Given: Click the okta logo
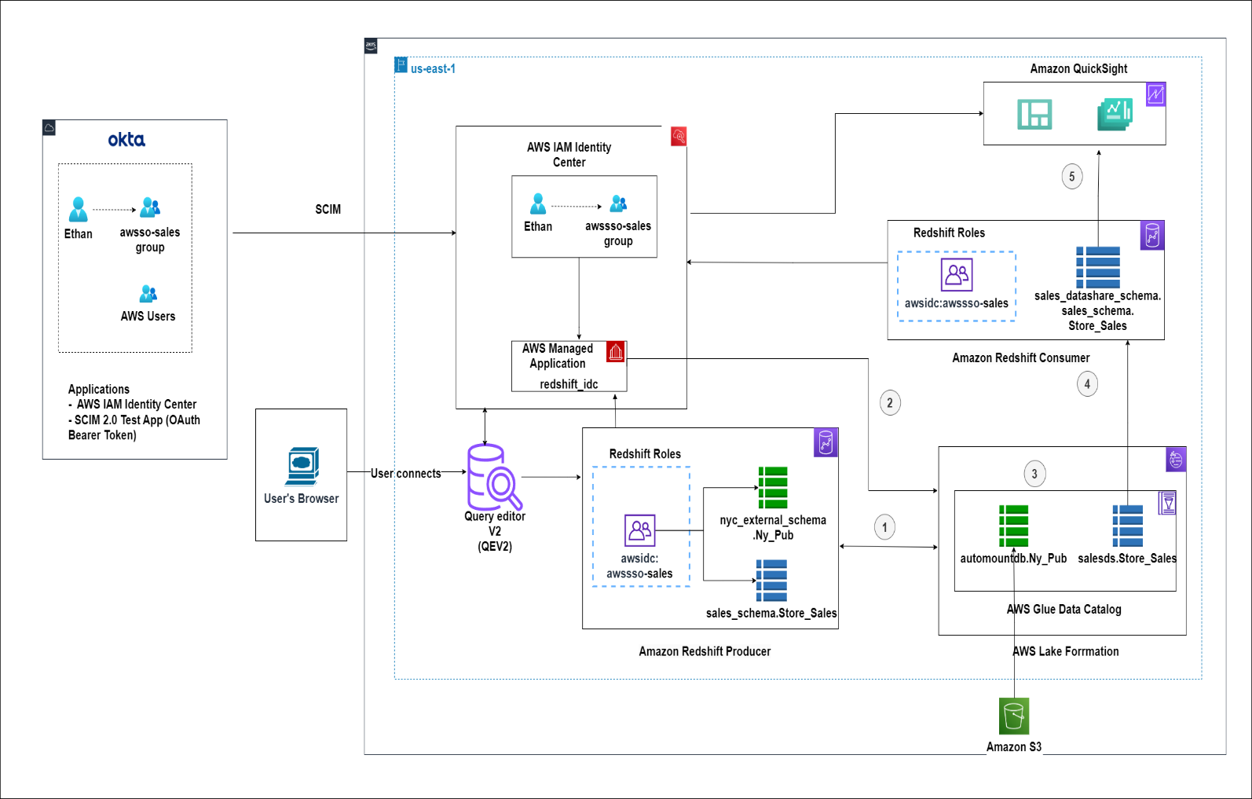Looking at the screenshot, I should click(x=126, y=140).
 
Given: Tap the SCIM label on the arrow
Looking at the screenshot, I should click(x=328, y=210).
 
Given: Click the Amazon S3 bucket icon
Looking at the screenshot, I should click(x=1014, y=716).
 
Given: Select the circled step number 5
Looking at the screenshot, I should click(x=1072, y=176).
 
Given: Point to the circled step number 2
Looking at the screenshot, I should click(x=890, y=403).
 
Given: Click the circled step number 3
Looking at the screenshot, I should click(x=1034, y=474).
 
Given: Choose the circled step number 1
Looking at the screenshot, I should click(x=884, y=527).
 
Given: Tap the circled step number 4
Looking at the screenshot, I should click(x=1087, y=384).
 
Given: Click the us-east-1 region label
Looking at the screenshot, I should click(x=433, y=69).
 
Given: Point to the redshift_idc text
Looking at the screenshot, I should click(x=569, y=384).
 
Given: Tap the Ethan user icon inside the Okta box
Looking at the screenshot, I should click(x=79, y=210).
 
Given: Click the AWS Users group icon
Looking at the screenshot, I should click(x=148, y=294).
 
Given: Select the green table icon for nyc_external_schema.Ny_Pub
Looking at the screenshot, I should click(x=773, y=488).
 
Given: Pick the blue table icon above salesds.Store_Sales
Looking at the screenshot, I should click(x=1128, y=526).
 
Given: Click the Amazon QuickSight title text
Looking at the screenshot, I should click(x=1078, y=69).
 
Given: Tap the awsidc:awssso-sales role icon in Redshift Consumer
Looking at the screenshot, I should click(x=957, y=275).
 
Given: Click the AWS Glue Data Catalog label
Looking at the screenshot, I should click(x=1064, y=610).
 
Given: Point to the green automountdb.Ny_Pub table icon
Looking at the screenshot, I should click(x=1013, y=526).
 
